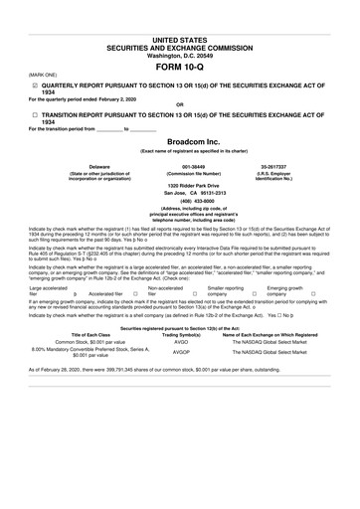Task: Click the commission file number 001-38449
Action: [180, 166]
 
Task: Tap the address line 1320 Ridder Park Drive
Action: [180, 186]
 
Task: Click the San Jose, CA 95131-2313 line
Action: [180, 193]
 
